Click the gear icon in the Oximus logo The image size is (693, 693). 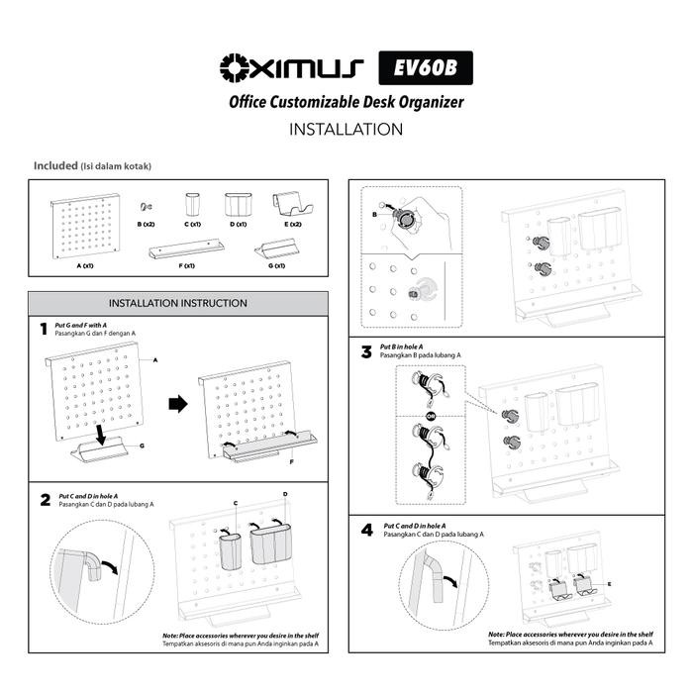238,68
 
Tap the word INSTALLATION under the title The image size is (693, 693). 346,129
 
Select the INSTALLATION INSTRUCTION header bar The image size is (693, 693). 178,302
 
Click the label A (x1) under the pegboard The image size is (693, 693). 85,266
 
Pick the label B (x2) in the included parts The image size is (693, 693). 146,225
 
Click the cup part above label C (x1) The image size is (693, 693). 193,206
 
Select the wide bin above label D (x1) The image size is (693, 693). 238,205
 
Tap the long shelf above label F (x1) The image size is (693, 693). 188,252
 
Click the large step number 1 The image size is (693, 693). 44,329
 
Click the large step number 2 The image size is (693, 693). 45,500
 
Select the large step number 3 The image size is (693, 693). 366,351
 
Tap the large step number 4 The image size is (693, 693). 366,530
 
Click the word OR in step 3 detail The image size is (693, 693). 430,416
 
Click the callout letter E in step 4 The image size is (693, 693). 609,585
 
